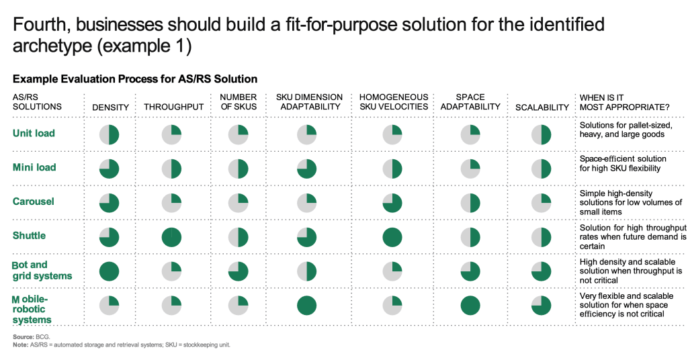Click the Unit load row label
pos(34,133)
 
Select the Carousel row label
pos(34,201)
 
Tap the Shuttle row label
pos(30,236)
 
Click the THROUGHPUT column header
pos(173,107)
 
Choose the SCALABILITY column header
pos(542,107)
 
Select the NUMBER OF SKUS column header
pos(238,102)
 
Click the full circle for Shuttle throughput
pos(171,237)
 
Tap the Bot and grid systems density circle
pos(109,271)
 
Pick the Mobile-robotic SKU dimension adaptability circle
pos(307,305)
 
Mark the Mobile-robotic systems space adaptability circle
pos(470,305)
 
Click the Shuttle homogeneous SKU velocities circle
pos(392,237)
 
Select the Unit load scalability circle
pos(542,135)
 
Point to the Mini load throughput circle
pos(171,169)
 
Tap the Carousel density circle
pos(109,203)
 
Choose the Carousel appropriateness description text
pos(630,202)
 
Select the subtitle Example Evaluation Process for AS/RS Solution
pos(134,79)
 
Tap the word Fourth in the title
pos(40,25)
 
